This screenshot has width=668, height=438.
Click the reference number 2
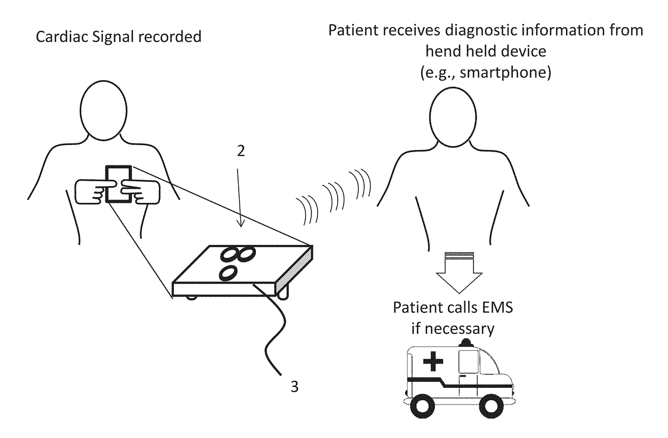(241, 152)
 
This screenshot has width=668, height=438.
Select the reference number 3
(294, 386)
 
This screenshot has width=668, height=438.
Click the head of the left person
(105, 108)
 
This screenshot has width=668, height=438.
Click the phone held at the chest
(119, 183)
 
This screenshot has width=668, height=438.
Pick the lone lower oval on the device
(228, 273)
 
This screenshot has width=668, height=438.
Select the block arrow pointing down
(451, 272)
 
